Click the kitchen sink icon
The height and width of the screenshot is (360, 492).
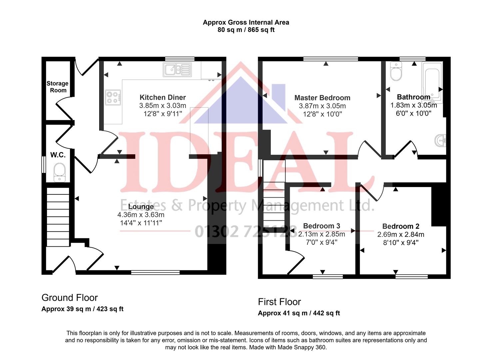[x=177, y=70]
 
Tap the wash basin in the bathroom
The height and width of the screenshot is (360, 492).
[x=440, y=141]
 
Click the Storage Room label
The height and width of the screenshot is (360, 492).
[x=57, y=87]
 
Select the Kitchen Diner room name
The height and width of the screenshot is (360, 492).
[x=163, y=97]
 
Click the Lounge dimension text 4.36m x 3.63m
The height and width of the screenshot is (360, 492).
[x=141, y=215]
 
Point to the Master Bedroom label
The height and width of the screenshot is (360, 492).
[x=322, y=98]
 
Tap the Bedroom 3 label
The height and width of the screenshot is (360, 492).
[x=321, y=226]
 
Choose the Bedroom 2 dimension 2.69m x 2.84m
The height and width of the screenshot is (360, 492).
[x=401, y=235]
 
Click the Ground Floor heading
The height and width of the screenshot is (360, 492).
[x=70, y=298]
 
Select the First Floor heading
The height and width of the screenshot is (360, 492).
[x=279, y=302]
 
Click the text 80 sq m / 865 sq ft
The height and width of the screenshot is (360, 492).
[x=246, y=30]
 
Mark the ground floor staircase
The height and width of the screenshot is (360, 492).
[x=58, y=217]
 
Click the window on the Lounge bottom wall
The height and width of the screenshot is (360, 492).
[x=155, y=273]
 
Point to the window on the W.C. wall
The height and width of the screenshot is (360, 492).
[x=43, y=165]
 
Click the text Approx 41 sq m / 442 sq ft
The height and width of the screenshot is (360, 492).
[x=299, y=313]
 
